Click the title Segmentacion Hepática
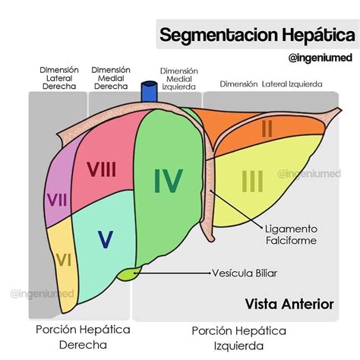coord(256,34)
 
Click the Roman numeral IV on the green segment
coord(168,180)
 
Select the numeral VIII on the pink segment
coord(101,169)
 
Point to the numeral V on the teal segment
coord(106,239)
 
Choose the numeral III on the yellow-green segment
coord(252,182)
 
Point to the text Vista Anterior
coord(289,304)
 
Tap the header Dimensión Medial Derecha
coord(111,78)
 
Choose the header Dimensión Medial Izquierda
coord(179,78)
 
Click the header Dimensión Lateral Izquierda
coord(271,84)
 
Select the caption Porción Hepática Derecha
coord(83,337)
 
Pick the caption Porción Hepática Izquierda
coord(238,338)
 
